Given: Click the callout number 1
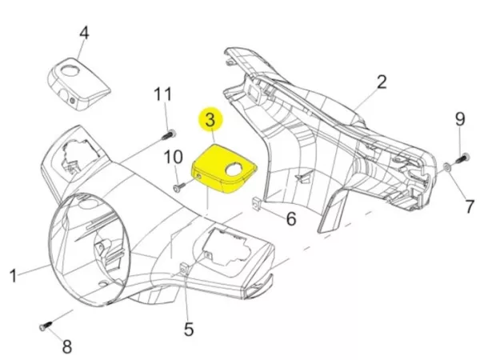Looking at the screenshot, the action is (14, 276).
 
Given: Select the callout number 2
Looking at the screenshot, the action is (382, 81).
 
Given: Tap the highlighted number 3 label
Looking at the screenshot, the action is (210, 121).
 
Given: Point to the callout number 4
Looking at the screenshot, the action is (84, 33).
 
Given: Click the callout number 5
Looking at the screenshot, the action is (188, 329).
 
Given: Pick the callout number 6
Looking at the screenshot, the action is (291, 218).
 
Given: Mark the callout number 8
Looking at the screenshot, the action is (67, 346).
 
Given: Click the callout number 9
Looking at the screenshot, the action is (460, 119).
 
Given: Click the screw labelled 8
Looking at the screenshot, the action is (45, 326).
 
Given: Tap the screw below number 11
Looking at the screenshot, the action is (170, 134).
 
